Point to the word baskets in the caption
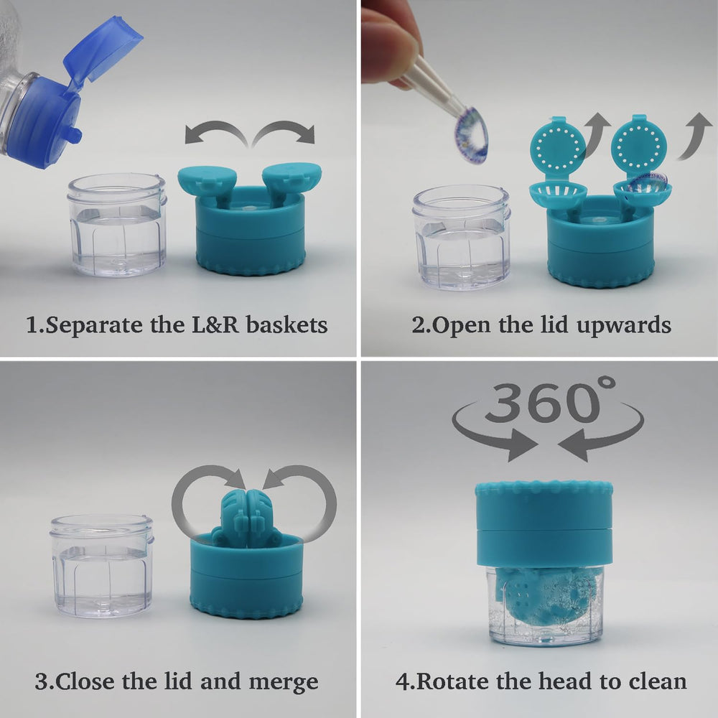(x=286, y=325)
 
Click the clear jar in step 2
(x=461, y=236)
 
